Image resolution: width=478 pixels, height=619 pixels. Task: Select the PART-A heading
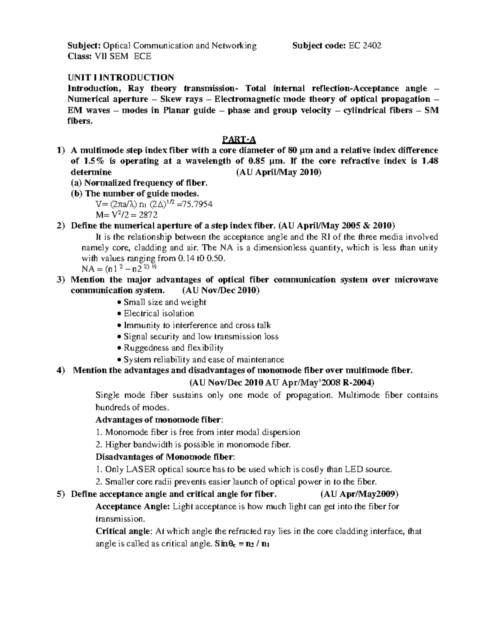[239, 140]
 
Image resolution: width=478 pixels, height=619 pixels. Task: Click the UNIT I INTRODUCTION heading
[121, 77]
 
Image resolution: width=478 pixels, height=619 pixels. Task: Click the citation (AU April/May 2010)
[278, 173]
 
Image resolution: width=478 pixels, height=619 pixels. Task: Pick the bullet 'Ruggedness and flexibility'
[173, 348]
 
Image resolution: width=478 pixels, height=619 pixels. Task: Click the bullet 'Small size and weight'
[165, 302]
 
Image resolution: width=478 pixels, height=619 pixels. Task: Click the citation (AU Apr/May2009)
[359, 494]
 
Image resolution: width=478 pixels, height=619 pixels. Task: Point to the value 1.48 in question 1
[429, 161]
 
